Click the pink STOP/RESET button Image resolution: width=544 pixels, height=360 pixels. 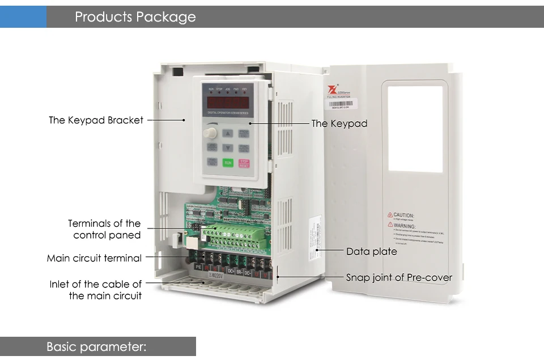244,163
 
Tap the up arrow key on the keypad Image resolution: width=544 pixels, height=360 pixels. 227,134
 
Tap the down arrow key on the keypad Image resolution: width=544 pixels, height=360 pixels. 227,148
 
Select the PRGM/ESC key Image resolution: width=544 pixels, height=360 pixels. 244,134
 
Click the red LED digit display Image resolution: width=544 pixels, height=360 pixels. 228,103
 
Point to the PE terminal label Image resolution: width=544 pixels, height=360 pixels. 199,266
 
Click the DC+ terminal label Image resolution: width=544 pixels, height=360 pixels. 231,271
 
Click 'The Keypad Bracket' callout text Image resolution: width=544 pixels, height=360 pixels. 96,120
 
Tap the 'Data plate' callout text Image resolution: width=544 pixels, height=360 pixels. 371,251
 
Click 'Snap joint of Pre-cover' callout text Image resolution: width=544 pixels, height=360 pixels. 399,277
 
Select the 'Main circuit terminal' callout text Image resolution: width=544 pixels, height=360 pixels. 94,258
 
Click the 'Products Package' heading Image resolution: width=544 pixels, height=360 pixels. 135,17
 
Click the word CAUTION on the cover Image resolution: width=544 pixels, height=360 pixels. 403,215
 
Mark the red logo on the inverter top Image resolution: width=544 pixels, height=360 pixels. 331,90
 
